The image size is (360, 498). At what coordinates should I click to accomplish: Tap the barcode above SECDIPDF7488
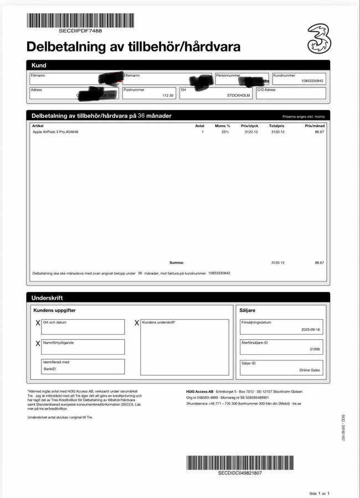80,20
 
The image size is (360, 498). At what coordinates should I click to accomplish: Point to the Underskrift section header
47,298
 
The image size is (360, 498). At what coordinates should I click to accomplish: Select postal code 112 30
168,95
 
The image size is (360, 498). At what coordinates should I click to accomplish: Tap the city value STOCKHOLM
239,95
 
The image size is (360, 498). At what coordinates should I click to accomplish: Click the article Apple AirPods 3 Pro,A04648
56,132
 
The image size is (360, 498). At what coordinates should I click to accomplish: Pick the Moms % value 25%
225,132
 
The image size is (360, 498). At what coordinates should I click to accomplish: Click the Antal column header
199,126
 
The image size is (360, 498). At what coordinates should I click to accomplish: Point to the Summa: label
176,263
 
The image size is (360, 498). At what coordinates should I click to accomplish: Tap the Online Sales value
310,370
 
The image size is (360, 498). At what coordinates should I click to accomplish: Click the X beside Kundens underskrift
137,323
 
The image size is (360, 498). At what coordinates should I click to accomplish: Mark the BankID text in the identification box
50,369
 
